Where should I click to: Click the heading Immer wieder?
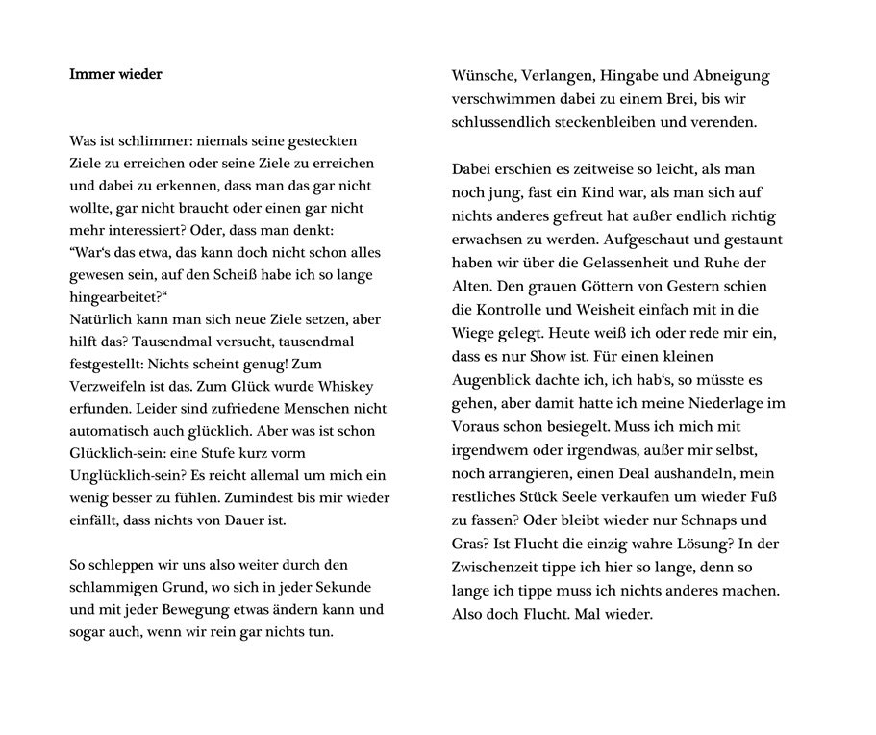115,74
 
